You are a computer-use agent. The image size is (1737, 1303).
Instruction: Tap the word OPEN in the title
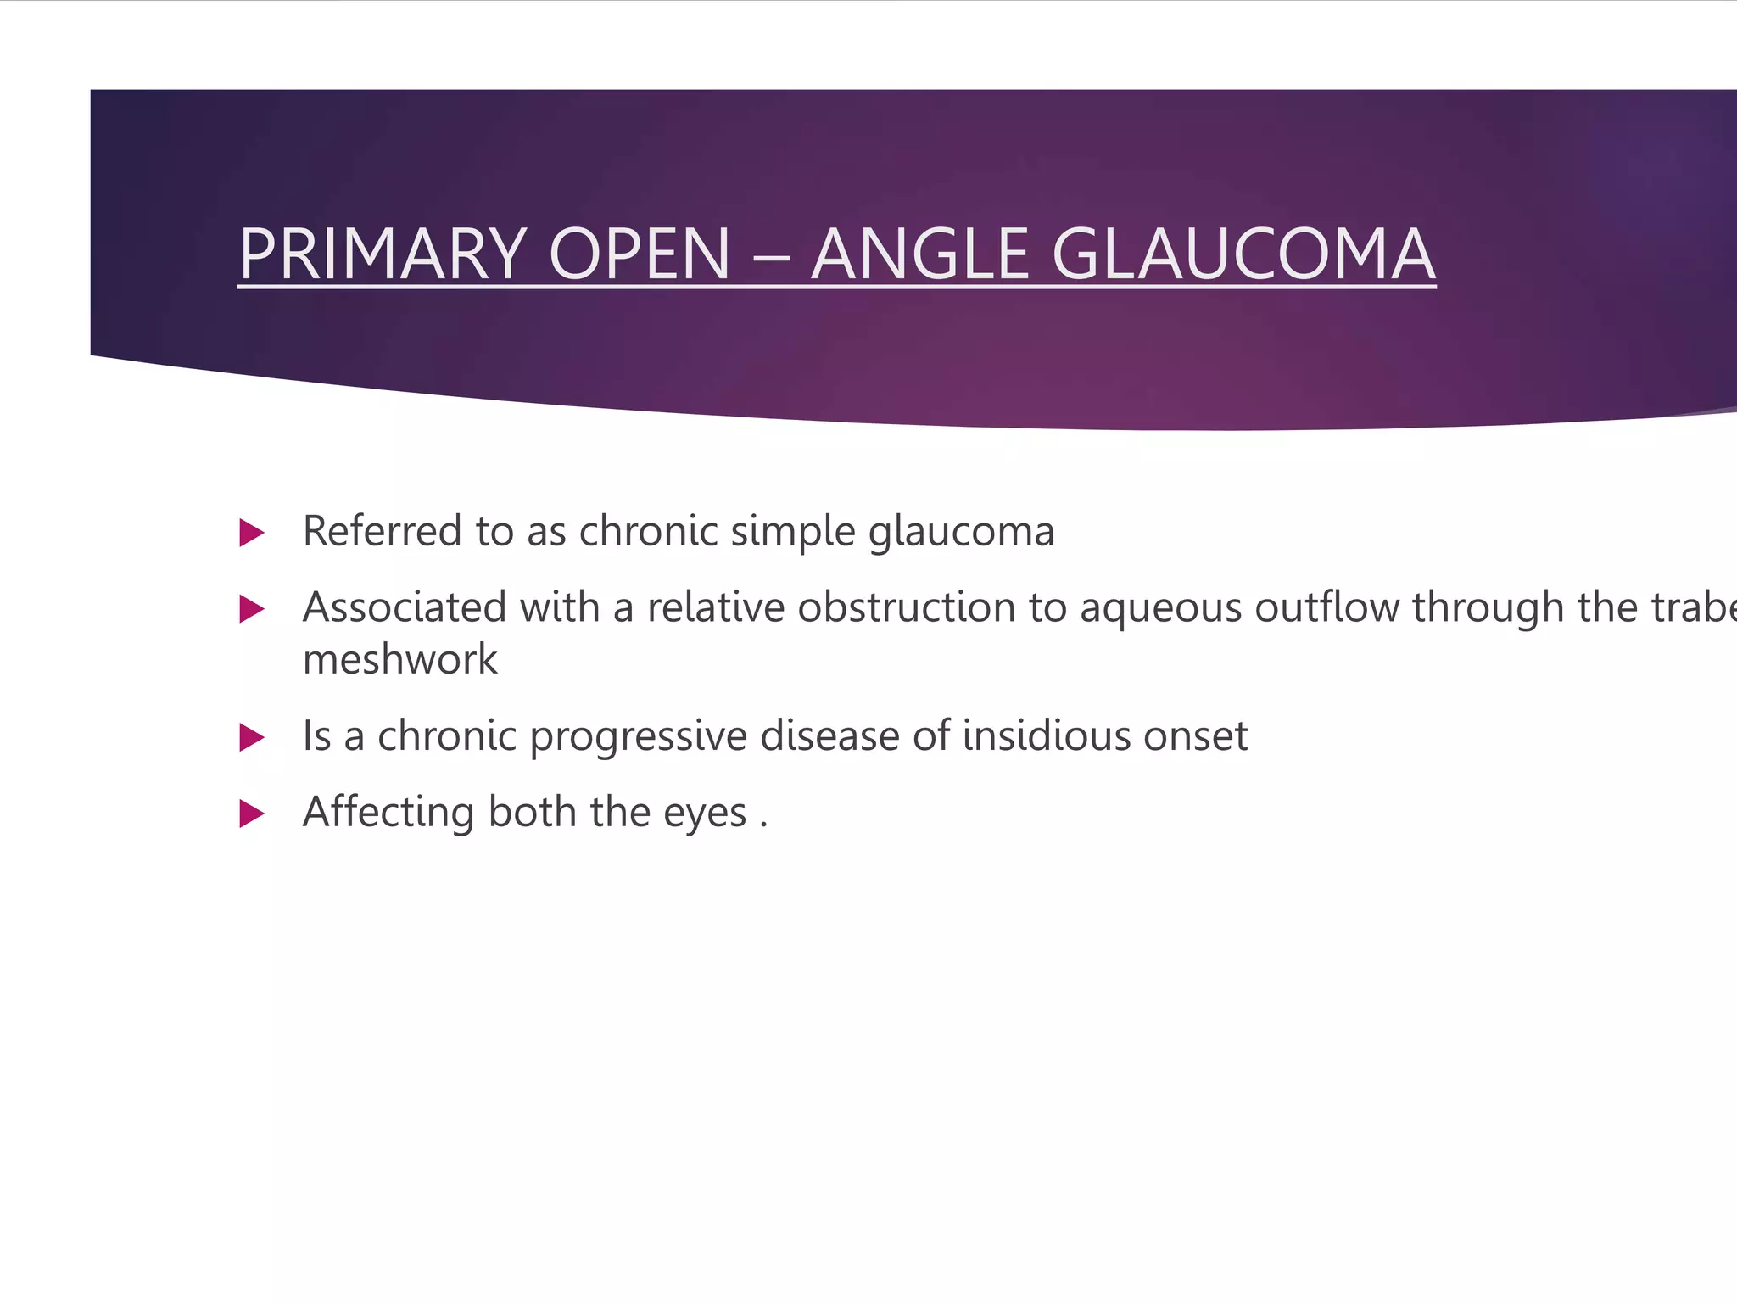pos(640,254)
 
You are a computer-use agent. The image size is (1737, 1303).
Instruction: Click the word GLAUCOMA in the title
pos(1243,254)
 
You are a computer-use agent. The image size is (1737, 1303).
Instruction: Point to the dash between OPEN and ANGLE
pos(770,255)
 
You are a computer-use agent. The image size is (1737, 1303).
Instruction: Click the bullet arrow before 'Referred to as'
pos(252,534)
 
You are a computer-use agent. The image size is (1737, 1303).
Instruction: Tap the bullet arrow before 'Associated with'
pos(252,609)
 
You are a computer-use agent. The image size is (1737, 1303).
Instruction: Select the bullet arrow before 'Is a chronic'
pos(252,737)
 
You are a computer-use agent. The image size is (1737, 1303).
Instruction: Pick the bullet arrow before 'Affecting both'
pos(252,814)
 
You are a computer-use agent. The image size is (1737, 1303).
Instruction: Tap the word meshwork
pos(399,659)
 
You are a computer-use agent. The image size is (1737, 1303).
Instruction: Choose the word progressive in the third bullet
pos(638,736)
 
